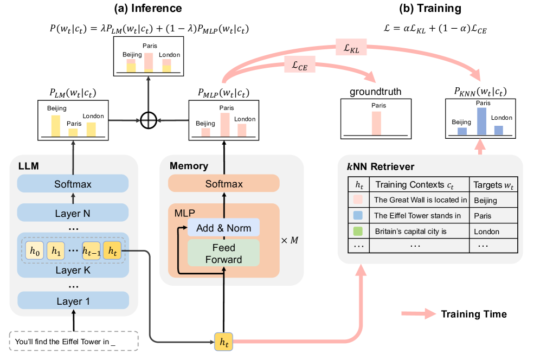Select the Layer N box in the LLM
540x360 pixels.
click(x=73, y=213)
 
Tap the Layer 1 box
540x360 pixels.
click(x=73, y=300)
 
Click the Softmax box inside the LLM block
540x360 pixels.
click(x=73, y=184)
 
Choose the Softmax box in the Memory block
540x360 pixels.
click(x=223, y=184)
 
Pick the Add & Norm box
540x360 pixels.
click(x=223, y=228)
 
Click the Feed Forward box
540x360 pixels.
click(x=223, y=253)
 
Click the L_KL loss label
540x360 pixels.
click(x=351, y=48)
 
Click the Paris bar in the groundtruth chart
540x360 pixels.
click(x=376, y=123)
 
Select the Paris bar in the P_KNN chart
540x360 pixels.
click(x=481, y=121)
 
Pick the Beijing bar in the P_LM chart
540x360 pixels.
click(x=56, y=126)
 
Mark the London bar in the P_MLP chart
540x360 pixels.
click(x=242, y=130)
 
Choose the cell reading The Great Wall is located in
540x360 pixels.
click(x=420, y=200)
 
